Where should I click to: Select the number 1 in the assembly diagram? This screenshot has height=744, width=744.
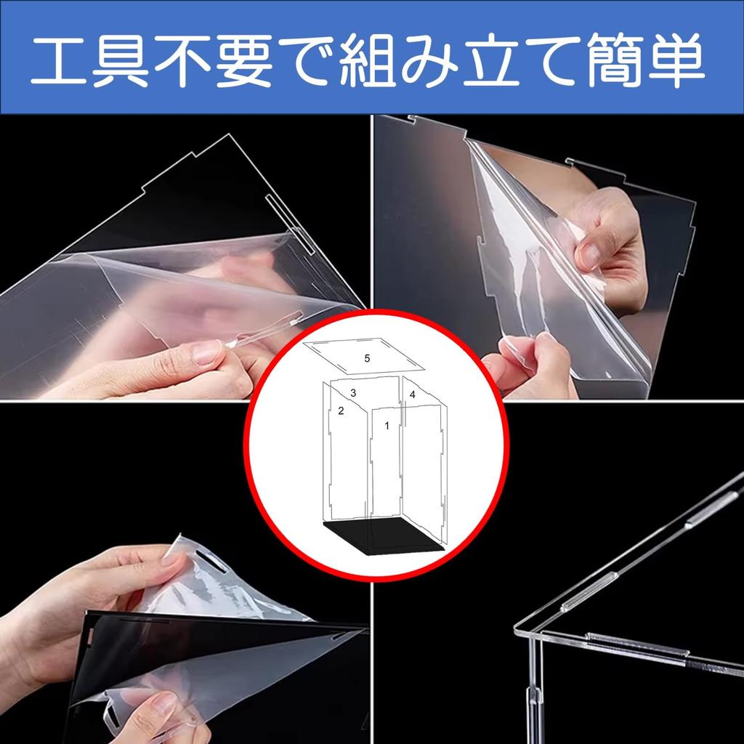click(x=387, y=426)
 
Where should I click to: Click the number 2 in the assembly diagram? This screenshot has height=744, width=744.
click(x=340, y=411)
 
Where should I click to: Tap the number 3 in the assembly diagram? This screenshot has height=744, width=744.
click(x=353, y=392)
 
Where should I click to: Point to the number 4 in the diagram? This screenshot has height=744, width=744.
click(x=412, y=395)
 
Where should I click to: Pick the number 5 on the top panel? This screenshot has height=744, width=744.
click(x=367, y=358)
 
